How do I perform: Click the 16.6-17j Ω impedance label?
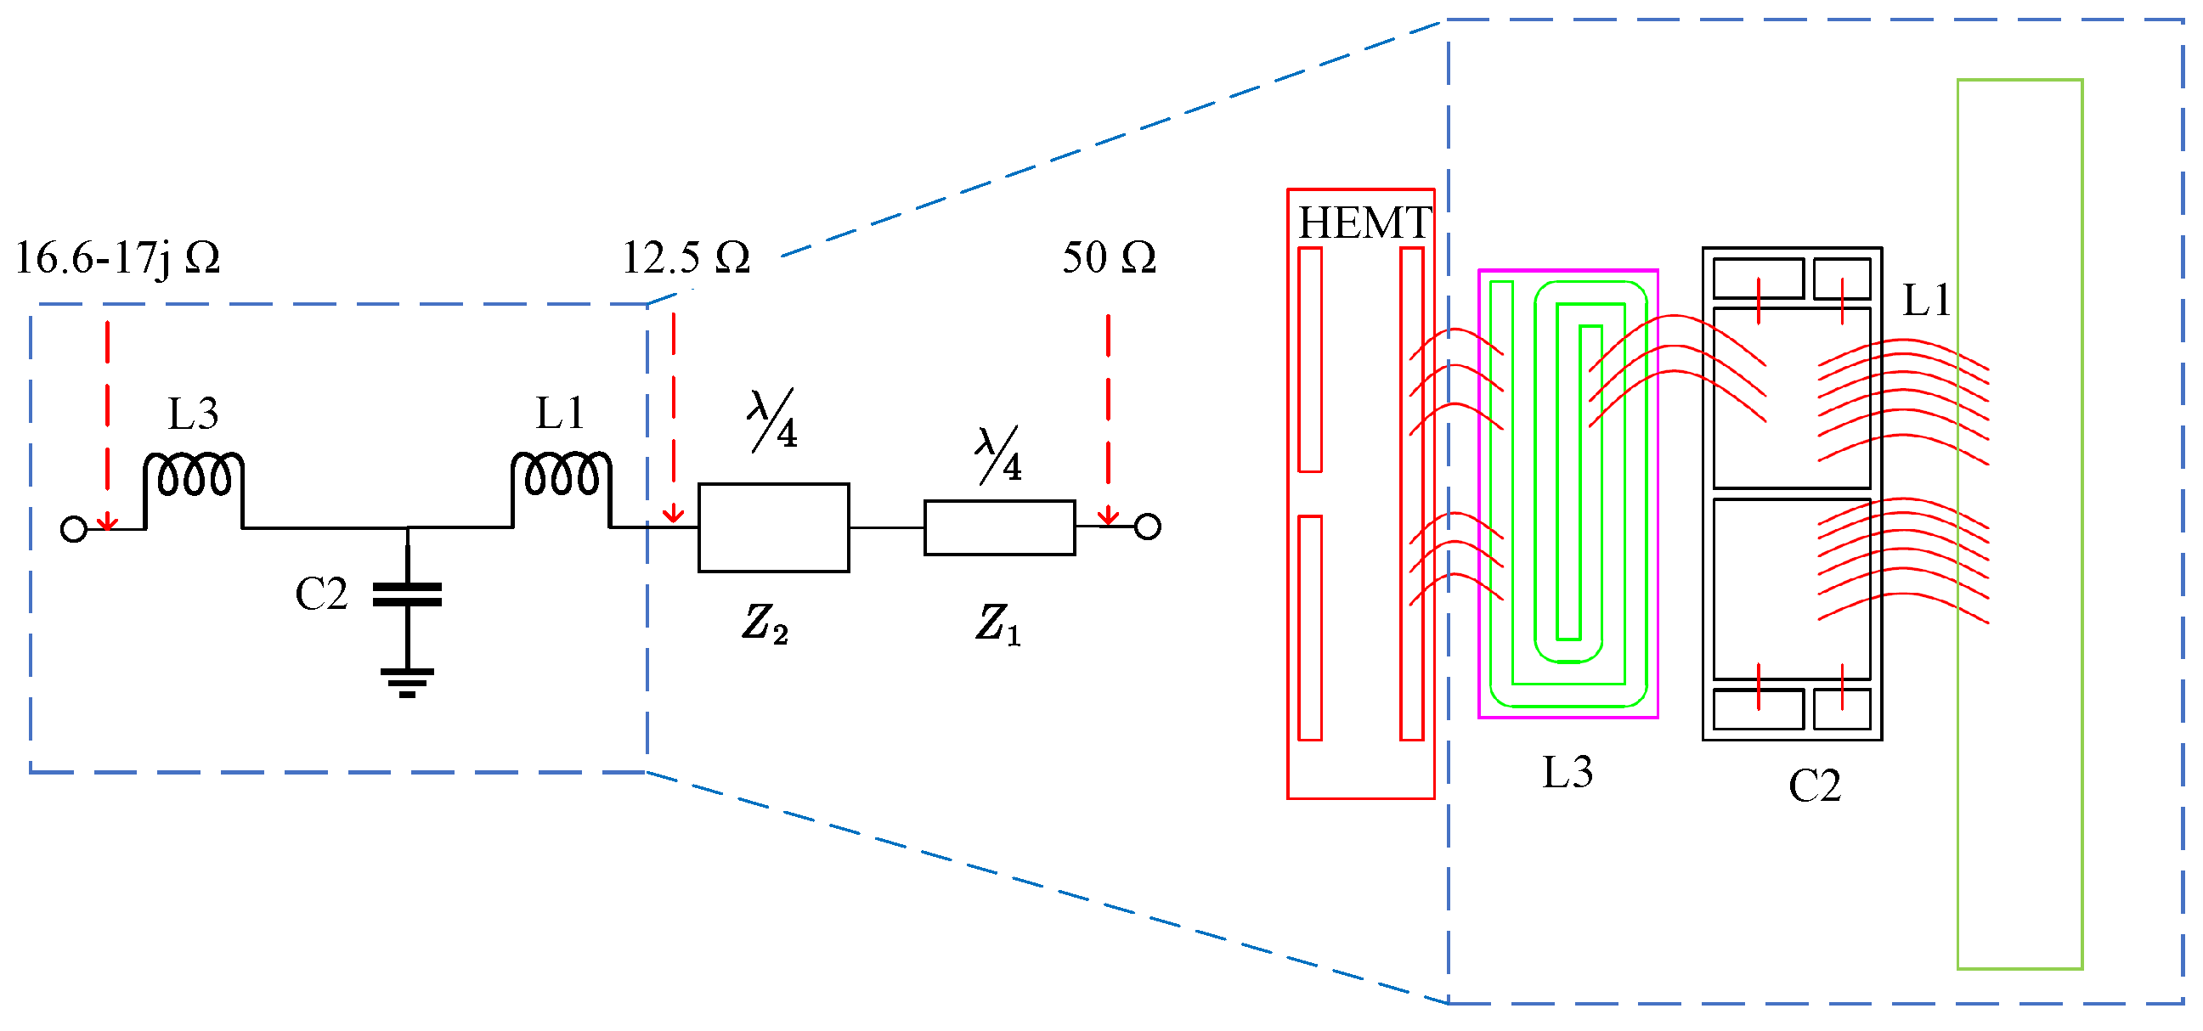pos(118,257)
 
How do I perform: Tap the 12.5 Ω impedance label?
pos(685,257)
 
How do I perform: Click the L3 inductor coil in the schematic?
pos(194,476)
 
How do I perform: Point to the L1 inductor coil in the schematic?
pos(561,476)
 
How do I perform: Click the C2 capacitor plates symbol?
pos(407,594)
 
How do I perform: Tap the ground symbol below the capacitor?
pos(407,681)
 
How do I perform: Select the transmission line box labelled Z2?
pos(773,527)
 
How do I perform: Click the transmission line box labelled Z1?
pos(999,527)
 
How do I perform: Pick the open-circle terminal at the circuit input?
pos(75,529)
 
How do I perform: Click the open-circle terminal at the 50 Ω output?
pos(1147,527)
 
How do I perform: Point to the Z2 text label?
pos(765,623)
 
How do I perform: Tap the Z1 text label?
pos(997,623)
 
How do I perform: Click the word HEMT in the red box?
pos(1364,223)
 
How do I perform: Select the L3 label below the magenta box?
pos(1567,772)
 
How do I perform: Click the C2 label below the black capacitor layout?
pos(1814,786)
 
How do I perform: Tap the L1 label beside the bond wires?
pos(1926,300)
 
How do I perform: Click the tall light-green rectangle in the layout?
pos(2019,523)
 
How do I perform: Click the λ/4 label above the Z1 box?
pos(999,455)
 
